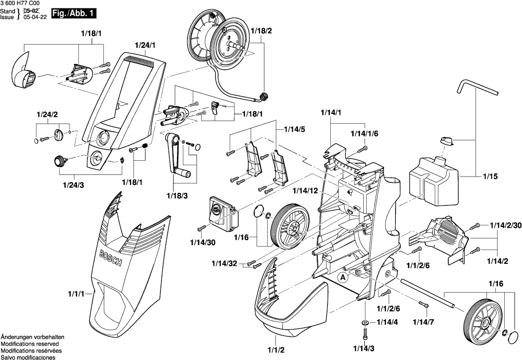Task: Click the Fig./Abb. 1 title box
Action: pos(74,14)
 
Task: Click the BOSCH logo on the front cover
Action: pos(111,257)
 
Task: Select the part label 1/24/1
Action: pos(145,45)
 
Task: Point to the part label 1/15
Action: pos(490,176)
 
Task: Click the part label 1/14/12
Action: pos(306,190)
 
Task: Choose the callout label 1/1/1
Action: pos(76,294)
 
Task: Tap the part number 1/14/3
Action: pos(364,349)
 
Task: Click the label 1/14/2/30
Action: pos(506,225)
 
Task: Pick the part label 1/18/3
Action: pos(177,196)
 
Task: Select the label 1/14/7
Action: pos(423,322)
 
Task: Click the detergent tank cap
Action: pos(447,141)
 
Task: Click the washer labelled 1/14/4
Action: pos(365,323)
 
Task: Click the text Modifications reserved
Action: pos(30,344)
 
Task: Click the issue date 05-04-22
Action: pos(35,17)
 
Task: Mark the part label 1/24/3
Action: pos(73,185)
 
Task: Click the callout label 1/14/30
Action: pos(203,243)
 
